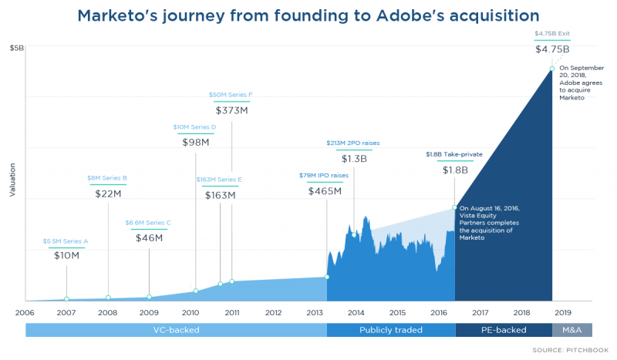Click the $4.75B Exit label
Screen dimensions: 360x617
point(551,34)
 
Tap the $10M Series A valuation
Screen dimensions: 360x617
point(66,255)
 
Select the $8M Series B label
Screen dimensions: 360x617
point(107,178)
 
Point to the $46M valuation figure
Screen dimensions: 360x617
point(149,237)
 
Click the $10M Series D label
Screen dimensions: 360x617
point(194,126)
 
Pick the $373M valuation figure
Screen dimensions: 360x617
point(231,110)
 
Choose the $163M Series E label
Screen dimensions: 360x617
point(219,180)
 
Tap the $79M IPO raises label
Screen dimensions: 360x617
point(324,175)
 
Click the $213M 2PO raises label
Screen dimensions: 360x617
point(353,143)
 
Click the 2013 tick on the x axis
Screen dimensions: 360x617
point(315,312)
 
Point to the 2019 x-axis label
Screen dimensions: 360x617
point(562,312)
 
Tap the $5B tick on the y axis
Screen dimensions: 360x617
point(16,48)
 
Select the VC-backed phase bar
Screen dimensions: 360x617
point(176,330)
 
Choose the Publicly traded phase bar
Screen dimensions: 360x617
point(390,330)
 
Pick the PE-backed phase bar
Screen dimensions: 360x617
point(503,330)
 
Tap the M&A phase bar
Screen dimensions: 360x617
point(571,330)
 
